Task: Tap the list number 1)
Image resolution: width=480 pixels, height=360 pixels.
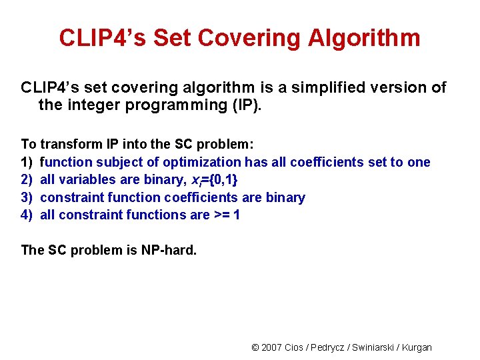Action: click(x=27, y=162)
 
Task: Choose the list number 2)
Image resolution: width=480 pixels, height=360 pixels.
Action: click(x=27, y=179)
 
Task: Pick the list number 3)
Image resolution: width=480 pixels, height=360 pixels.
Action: click(x=27, y=197)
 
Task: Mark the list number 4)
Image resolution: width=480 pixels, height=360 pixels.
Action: click(x=27, y=215)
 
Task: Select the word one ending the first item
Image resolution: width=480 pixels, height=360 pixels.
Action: click(x=418, y=162)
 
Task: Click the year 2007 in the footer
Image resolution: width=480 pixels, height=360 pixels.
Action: click(x=271, y=347)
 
